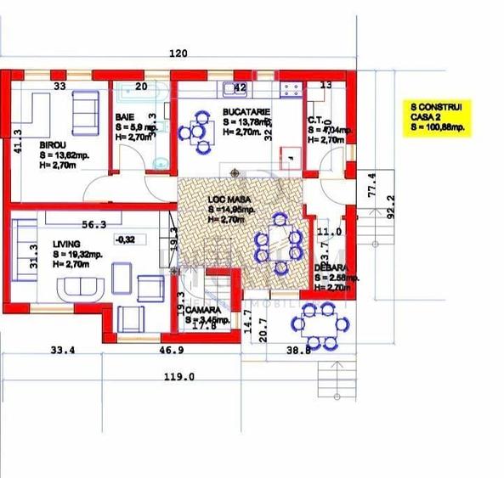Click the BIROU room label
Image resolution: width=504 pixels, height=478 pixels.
click(53, 144)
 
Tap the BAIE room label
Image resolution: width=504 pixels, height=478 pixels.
click(125, 117)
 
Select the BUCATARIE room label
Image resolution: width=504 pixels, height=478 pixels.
click(246, 111)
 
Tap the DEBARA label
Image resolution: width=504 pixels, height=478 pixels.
click(328, 267)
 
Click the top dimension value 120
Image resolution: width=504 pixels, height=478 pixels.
click(178, 53)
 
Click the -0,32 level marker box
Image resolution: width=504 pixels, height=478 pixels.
click(127, 239)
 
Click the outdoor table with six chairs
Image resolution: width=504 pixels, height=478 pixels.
click(321, 323)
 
